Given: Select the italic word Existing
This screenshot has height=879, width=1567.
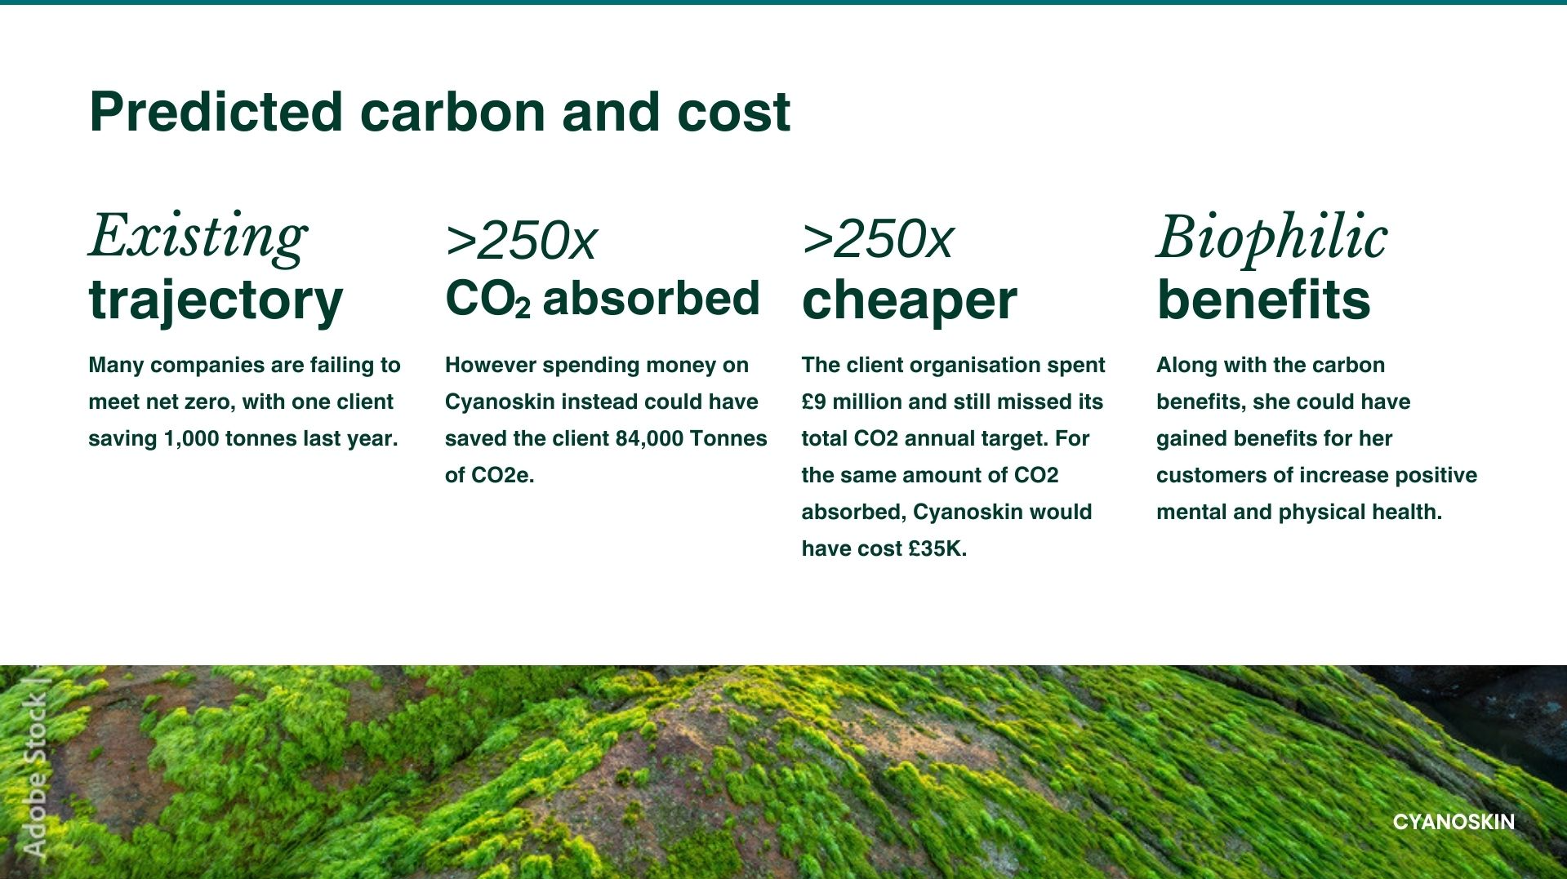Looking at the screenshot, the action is [198, 237].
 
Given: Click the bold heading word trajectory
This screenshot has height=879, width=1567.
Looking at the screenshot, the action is [216, 300].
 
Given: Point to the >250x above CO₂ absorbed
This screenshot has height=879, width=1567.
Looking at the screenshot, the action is [521, 240].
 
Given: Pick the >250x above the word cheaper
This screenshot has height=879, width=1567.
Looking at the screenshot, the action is [877, 239].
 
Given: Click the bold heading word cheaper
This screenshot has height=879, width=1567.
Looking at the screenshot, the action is [909, 300].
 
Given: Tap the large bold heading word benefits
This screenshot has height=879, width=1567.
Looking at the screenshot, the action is [1263, 300].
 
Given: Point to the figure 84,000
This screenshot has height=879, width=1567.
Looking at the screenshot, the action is [649, 439].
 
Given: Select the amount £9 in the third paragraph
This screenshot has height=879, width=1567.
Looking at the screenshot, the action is [813, 402].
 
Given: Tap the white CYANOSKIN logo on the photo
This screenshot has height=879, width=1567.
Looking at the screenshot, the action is [1453, 822].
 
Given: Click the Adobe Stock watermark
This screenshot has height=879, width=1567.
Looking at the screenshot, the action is [35, 767].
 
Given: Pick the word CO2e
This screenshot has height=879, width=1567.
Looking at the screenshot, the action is [502, 475].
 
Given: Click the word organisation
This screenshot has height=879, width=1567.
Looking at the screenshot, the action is [964, 366].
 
